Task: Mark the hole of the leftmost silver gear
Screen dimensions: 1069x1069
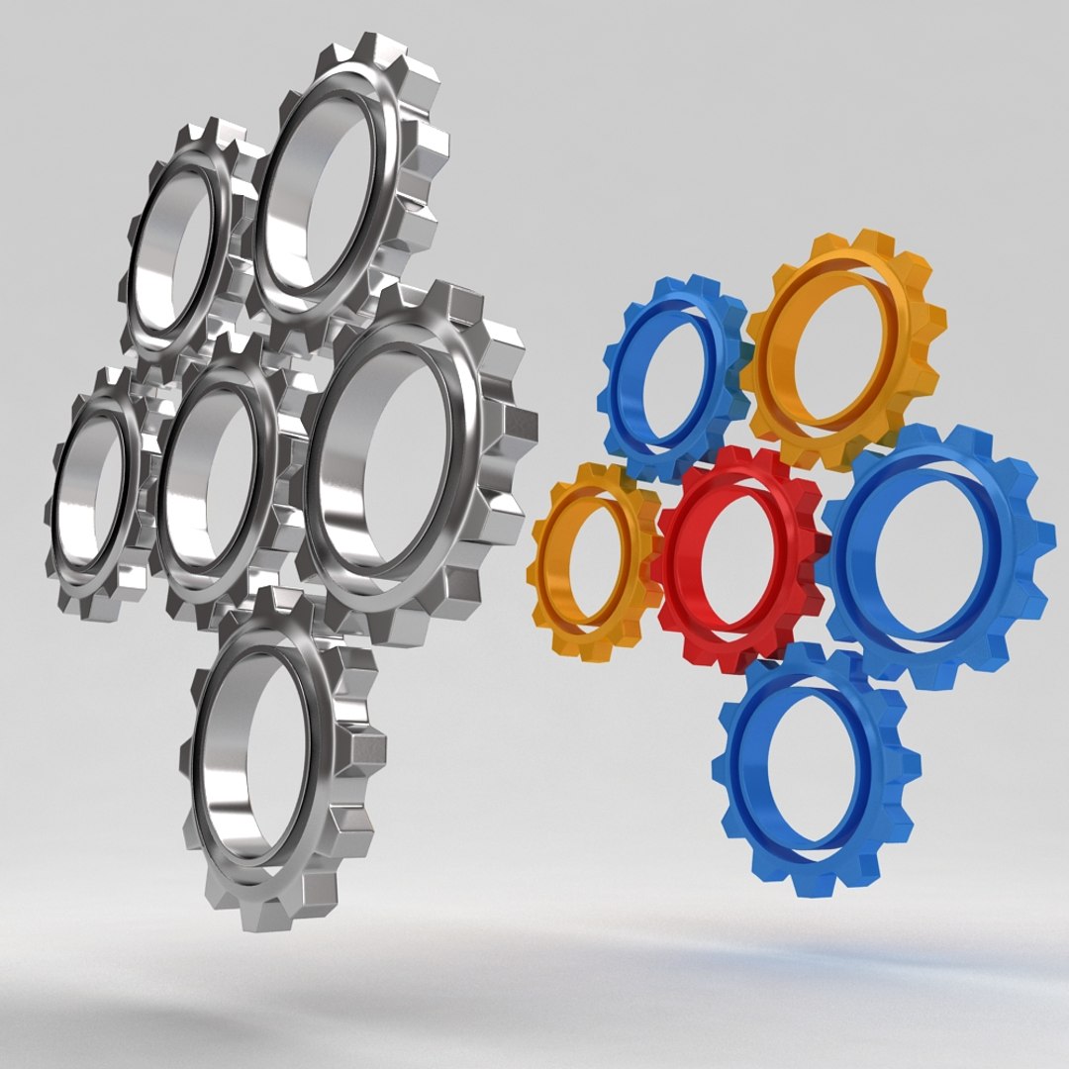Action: [95, 490]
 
